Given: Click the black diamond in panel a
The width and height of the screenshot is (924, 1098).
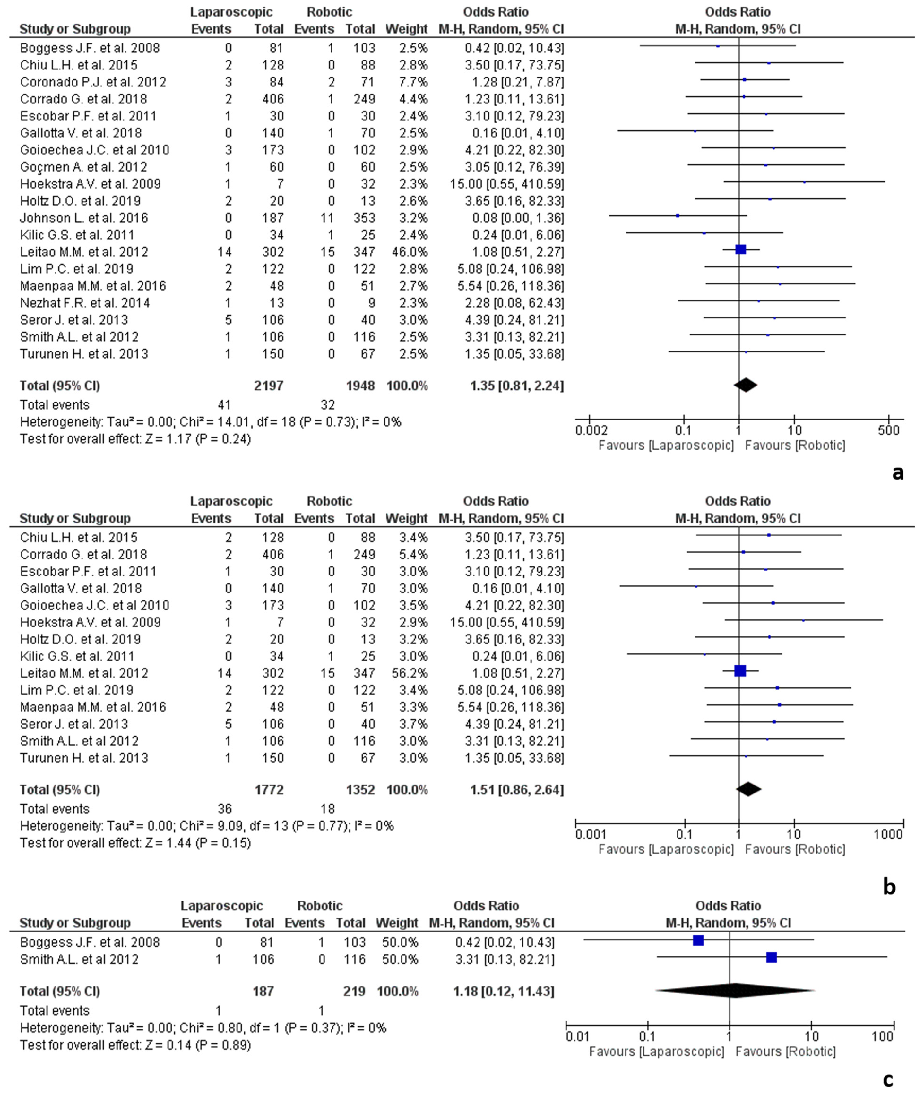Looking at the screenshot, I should pos(745,385).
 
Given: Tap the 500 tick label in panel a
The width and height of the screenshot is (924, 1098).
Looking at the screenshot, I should pos(888,431).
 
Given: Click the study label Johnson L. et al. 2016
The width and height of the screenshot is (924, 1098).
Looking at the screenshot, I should pos(84,218).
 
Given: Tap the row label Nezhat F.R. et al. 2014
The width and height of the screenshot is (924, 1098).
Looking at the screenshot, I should pos(85,303).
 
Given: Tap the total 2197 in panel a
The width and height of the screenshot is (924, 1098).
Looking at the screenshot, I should pos(269,386).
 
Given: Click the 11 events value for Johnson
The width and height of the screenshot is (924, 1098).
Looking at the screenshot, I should pos(327,218).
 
